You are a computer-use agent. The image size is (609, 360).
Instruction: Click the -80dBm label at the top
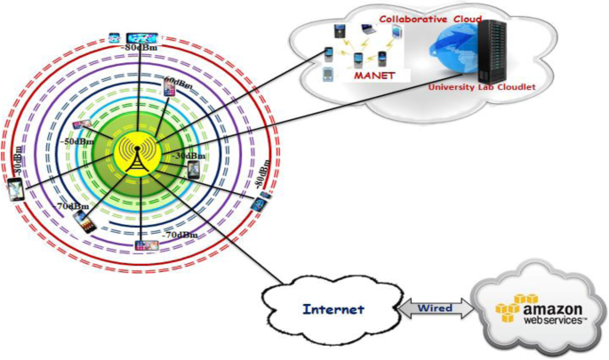pyautogui.click(x=142, y=47)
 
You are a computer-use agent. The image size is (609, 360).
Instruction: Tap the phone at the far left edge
pyautogui.click(x=15, y=189)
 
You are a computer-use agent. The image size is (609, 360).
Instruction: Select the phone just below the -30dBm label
pyautogui.click(x=193, y=170)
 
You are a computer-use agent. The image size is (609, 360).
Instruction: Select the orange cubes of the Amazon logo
pyautogui.click(x=517, y=307)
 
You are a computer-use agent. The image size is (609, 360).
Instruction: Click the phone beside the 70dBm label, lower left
pyautogui.click(x=83, y=219)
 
